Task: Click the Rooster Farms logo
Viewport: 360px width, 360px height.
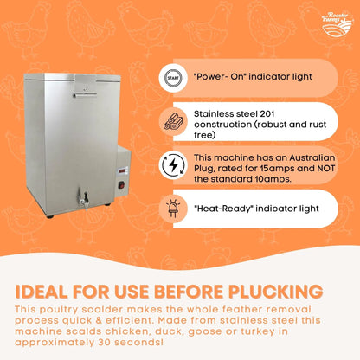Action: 337,24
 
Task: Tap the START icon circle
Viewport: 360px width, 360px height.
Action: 173,78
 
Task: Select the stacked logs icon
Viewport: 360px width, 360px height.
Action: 173,121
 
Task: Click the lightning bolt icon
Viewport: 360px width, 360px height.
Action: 173,165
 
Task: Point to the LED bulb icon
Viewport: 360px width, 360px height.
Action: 173,209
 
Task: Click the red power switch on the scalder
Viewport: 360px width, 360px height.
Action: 122,184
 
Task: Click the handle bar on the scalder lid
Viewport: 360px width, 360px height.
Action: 85,94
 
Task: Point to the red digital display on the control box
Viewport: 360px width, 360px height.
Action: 122,170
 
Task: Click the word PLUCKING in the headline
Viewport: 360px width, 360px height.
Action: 276,292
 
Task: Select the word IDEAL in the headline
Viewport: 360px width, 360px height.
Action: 42,292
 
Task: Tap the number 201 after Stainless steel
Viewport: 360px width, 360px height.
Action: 267,114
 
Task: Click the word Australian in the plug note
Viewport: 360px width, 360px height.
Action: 312,157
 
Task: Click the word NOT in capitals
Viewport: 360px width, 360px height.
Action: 326,168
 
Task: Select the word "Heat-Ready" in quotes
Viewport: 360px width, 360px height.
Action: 223,209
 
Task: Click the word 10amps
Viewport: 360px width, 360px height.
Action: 273,179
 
